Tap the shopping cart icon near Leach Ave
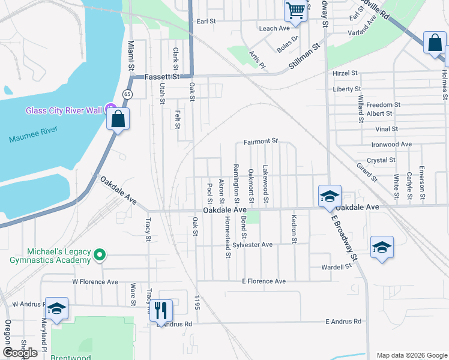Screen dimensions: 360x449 coord(295,10)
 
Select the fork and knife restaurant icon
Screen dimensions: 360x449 coord(160,310)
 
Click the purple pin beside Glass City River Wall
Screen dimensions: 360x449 coord(109,110)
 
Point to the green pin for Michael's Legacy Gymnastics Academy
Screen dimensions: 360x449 coord(100,256)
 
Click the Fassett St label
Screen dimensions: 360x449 coord(162,77)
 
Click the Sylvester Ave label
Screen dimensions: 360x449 coord(253,245)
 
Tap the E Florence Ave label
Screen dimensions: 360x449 coord(264,281)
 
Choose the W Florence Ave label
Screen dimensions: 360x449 coord(95,281)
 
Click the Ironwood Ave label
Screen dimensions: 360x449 coord(391,145)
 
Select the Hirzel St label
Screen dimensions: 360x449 coord(345,73)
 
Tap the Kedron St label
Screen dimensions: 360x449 coord(294,229)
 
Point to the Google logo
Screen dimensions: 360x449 coord(20,352)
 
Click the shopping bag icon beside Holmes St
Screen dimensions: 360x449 coord(434,44)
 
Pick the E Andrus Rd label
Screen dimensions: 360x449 coord(343,322)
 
